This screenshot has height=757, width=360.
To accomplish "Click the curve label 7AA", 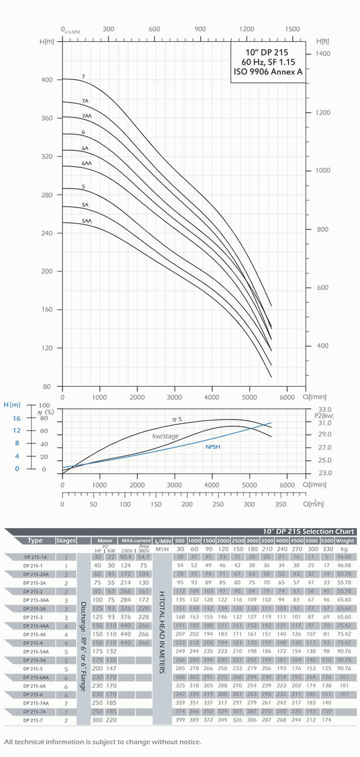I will (x=86, y=117).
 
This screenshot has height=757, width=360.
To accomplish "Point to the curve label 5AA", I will (x=86, y=221).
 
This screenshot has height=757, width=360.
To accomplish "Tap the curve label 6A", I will (x=85, y=149).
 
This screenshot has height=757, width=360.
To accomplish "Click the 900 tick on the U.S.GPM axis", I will (x=201, y=29).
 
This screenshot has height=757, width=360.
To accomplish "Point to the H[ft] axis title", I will (x=323, y=41).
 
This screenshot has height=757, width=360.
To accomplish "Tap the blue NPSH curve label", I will (x=213, y=447).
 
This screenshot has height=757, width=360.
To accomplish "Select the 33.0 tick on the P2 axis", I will (x=326, y=409).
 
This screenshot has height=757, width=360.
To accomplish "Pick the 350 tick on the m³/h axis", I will (x=280, y=504).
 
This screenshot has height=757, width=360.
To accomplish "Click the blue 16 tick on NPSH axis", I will (x=16, y=419).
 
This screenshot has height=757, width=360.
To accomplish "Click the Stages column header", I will (x=66, y=540).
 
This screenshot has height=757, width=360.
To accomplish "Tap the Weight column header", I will (x=344, y=541).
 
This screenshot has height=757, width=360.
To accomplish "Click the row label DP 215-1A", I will (x=35, y=557).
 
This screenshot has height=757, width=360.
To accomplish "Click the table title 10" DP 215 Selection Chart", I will (x=307, y=532).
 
